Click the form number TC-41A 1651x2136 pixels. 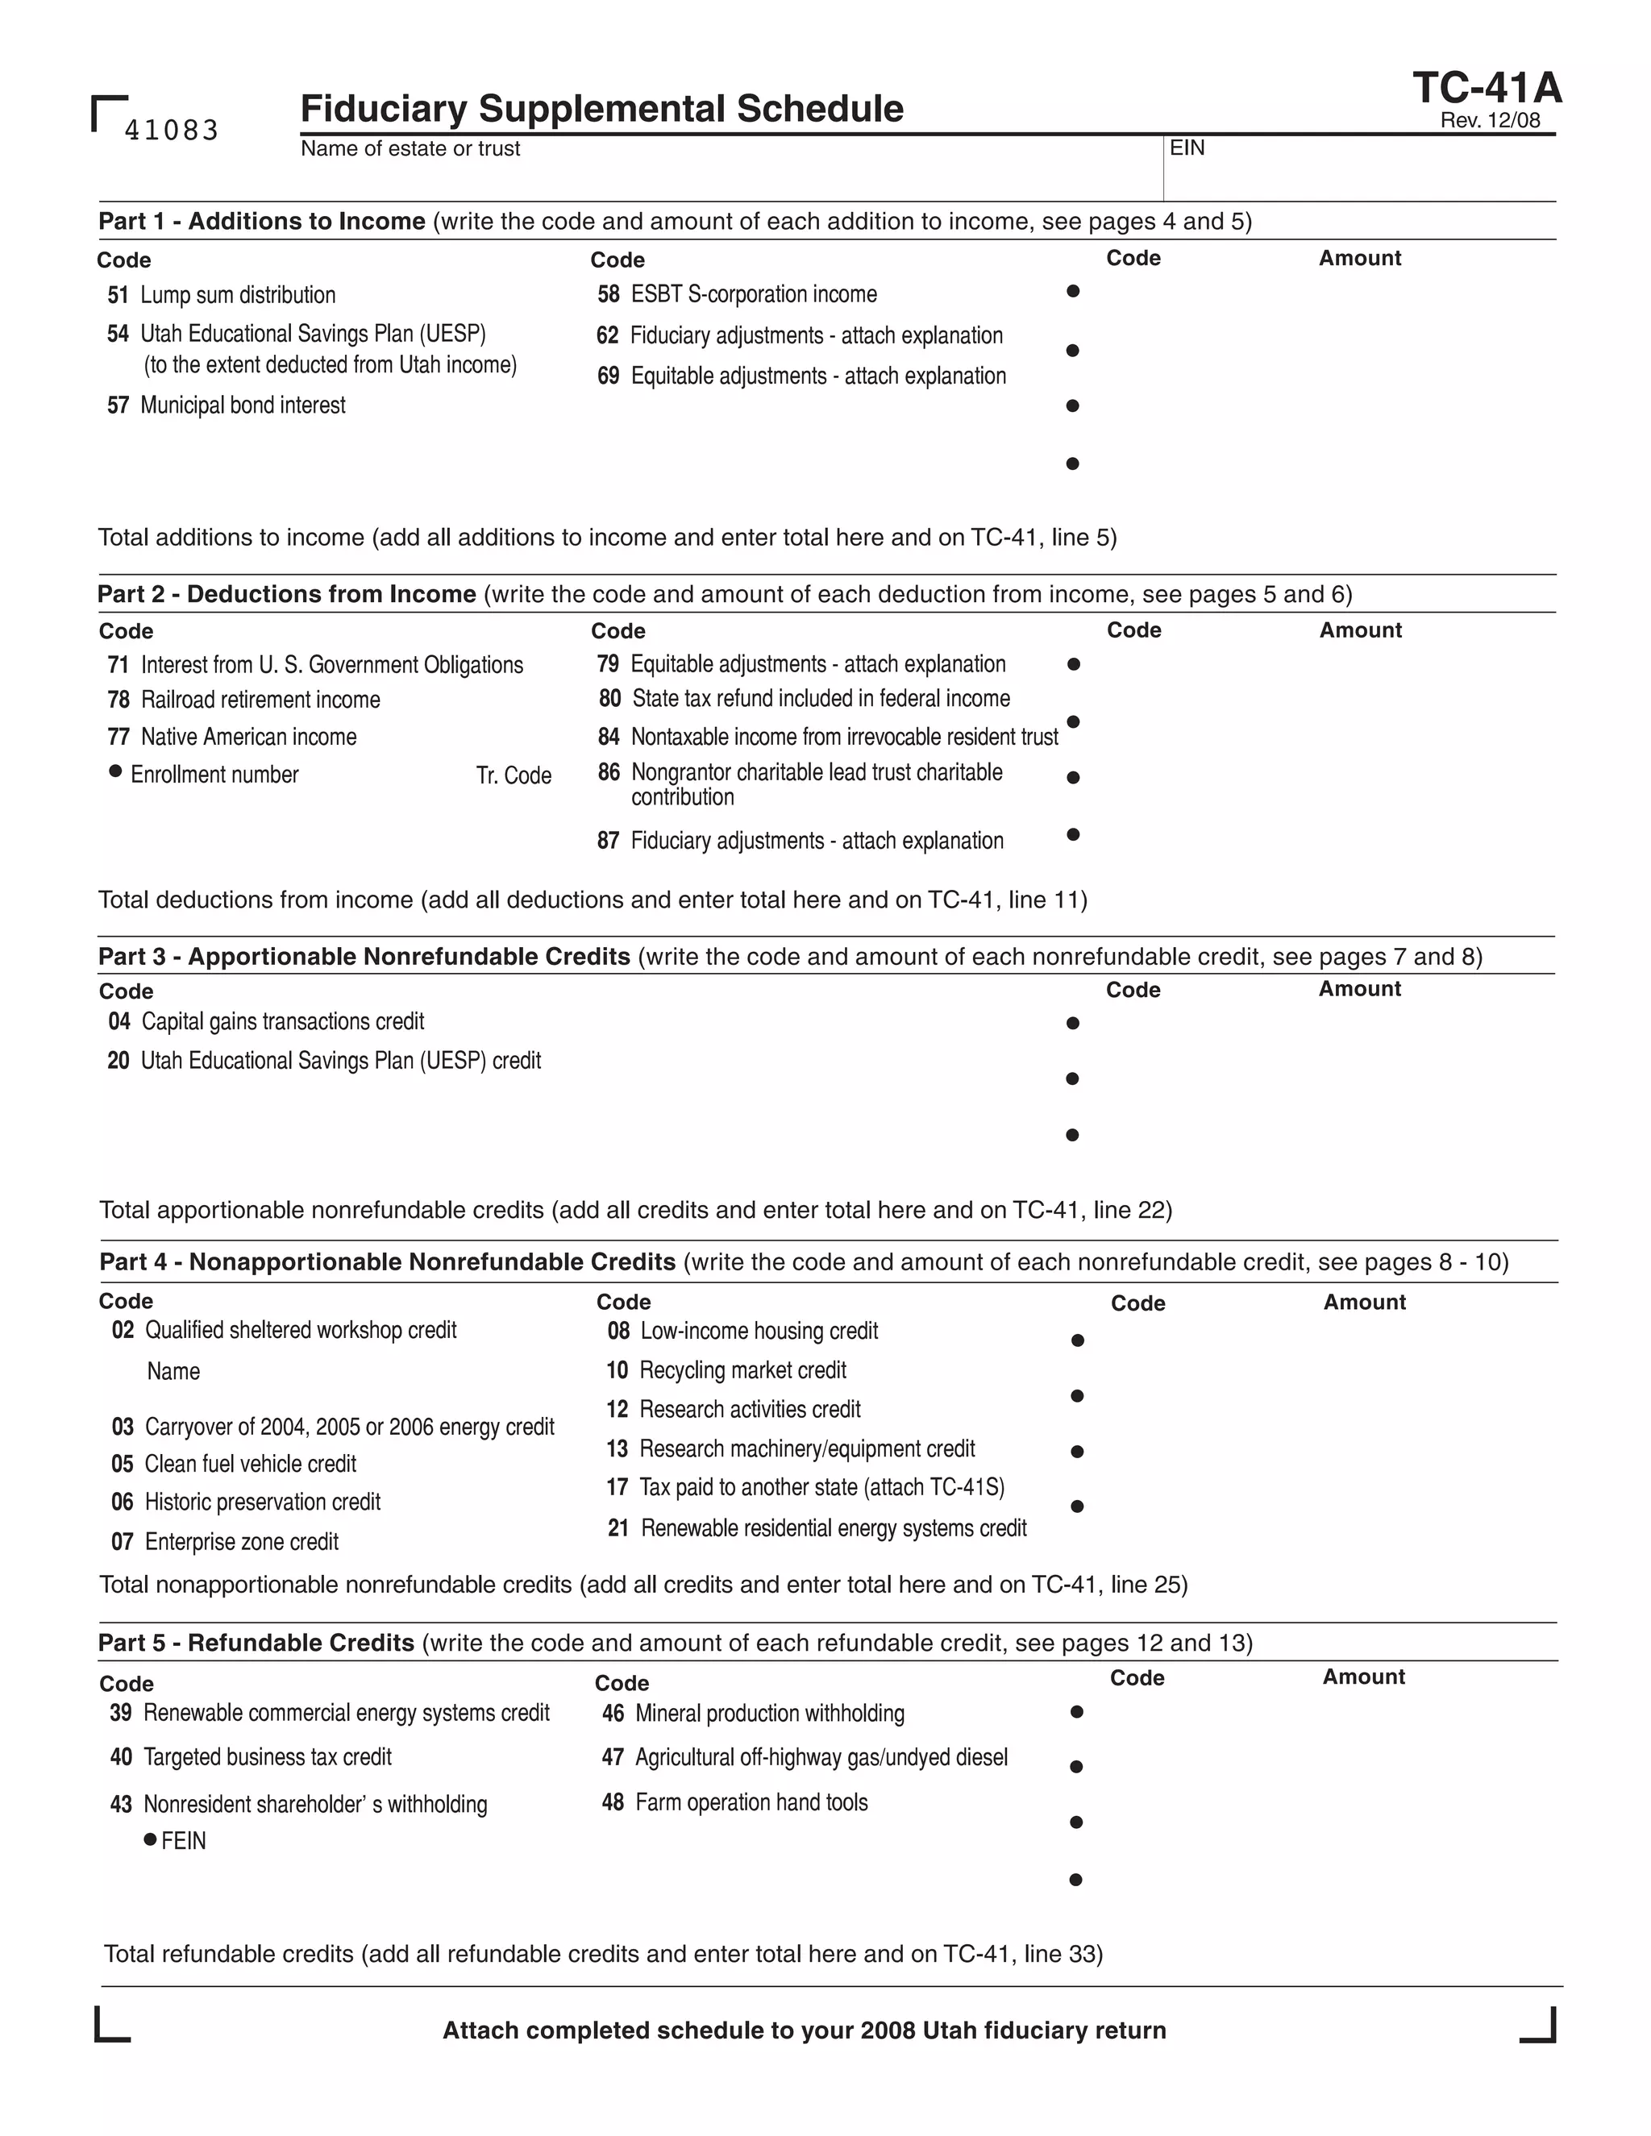tap(1487, 88)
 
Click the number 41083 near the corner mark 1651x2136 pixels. tap(171, 130)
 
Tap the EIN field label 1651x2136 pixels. tap(1187, 148)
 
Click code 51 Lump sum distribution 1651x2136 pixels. tap(222, 294)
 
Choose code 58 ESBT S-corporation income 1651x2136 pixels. tap(738, 294)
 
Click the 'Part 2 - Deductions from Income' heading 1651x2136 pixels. tap(286, 594)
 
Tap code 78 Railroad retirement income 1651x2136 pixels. tap(243, 700)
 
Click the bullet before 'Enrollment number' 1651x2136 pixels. tap(115, 771)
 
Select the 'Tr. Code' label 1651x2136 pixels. tap(514, 775)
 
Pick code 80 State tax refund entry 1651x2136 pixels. tap(804, 698)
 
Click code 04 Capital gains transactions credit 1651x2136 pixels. tap(266, 1021)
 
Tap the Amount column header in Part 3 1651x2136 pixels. tap(1358, 989)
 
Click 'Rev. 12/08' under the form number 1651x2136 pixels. tap(1490, 120)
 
